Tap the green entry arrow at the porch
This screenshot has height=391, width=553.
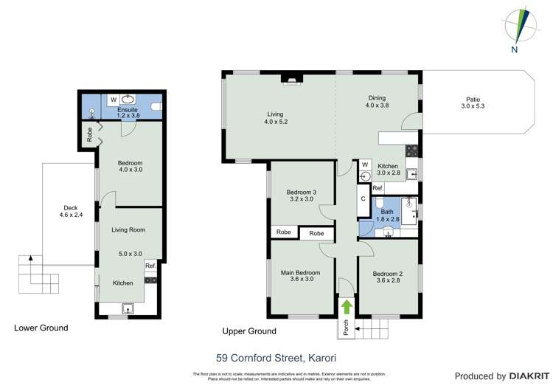[x=347, y=305]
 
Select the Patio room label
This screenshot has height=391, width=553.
[x=472, y=103]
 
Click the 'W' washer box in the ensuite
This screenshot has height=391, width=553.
[x=114, y=99]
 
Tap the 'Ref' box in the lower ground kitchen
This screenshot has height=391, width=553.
[x=150, y=266]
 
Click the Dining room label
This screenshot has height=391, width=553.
[x=377, y=102]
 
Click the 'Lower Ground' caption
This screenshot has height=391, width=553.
[x=41, y=328]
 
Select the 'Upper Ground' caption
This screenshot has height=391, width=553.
[x=249, y=331]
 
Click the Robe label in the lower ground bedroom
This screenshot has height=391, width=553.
[x=89, y=135]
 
